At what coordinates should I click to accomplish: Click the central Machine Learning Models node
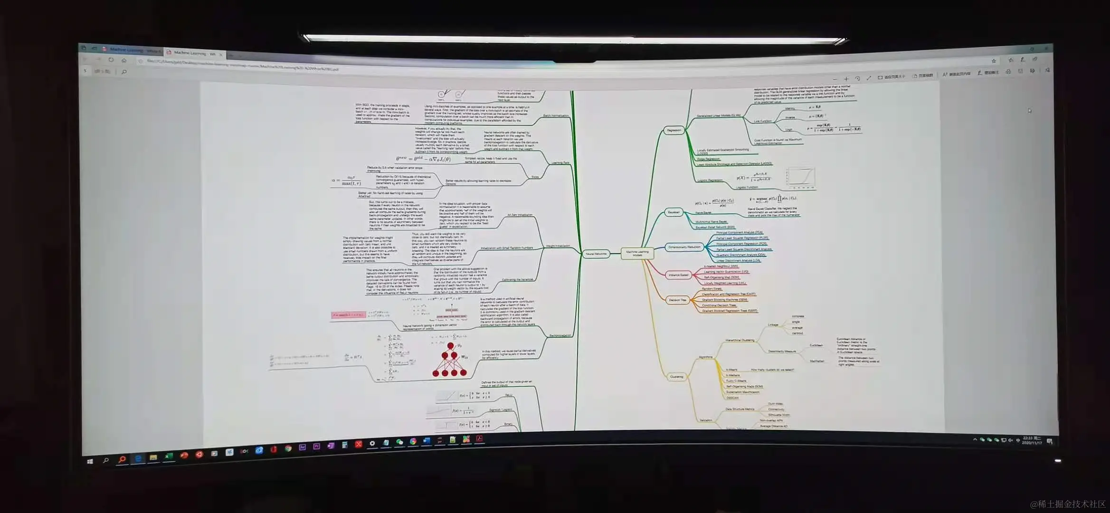coord(637,254)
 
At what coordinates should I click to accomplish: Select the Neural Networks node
coord(596,254)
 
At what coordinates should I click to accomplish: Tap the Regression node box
coord(674,130)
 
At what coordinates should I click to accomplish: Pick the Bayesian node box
coord(674,212)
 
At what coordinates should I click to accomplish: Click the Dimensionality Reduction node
coord(684,247)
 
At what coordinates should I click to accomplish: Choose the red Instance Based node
coord(678,275)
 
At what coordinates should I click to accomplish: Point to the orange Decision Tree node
coord(677,300)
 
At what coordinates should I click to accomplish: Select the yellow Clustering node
coord(676,377)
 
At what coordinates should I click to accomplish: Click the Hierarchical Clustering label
coord(740,340)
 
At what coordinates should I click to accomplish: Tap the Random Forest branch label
coord(712,289)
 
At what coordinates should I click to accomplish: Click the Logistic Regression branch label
coord(710,180)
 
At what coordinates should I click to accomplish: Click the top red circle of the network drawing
coord(450,346)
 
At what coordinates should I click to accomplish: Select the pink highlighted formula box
coord(348,315)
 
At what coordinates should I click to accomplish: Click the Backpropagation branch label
coord(560,335)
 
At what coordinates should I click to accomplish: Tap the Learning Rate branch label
coord(560,163)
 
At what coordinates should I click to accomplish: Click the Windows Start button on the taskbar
coord(90,461)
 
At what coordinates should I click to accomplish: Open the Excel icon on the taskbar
coord(168,456)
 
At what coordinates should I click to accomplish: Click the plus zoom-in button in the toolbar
coord(845,79)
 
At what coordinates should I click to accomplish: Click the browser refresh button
coord(111,60)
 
